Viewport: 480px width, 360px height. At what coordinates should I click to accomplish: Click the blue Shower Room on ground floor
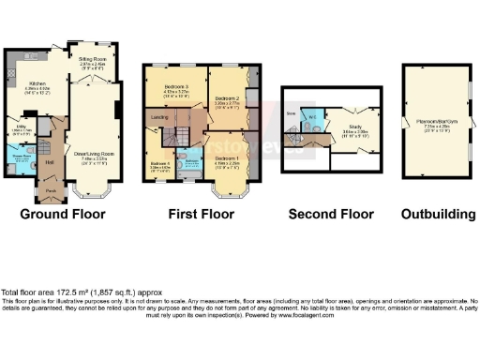point(19,159)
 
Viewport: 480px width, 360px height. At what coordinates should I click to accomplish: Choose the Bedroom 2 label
point(226,98)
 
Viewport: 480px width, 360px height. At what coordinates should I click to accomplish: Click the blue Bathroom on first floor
point(190,161)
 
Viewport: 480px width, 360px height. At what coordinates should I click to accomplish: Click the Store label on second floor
point(291,113)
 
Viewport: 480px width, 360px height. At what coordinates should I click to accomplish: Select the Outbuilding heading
point(439,215)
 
